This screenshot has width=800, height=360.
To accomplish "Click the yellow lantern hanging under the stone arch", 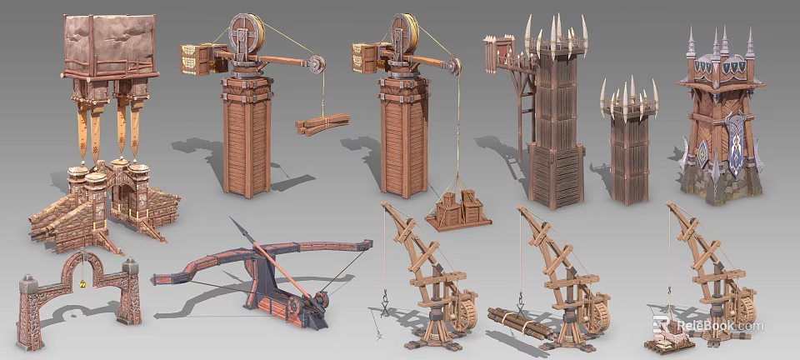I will (x=82, y=285).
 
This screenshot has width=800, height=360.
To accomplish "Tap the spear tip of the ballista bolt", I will (x=234, y=224).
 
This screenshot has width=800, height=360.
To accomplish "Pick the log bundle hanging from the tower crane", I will (x=322, y=123).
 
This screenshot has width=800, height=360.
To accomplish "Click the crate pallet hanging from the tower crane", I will (x=458, y=210).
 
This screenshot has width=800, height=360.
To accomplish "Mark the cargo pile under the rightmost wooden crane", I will (x=667, y=338).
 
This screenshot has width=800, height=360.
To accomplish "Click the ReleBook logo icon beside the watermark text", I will (x=663, y=326).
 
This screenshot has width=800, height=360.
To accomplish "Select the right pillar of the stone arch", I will (x=128, y=292).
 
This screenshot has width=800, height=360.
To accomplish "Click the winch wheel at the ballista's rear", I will (x=320, y=302).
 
